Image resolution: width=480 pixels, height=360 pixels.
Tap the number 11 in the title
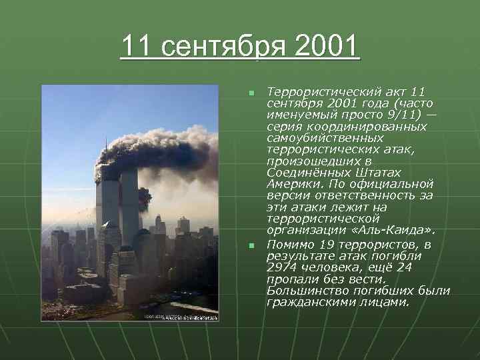click(136, 47)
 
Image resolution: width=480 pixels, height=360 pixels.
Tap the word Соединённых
click(306, 172)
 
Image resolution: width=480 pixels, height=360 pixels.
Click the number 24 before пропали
click(417, 268)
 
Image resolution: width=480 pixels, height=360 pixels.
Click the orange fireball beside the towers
click(145, 197)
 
